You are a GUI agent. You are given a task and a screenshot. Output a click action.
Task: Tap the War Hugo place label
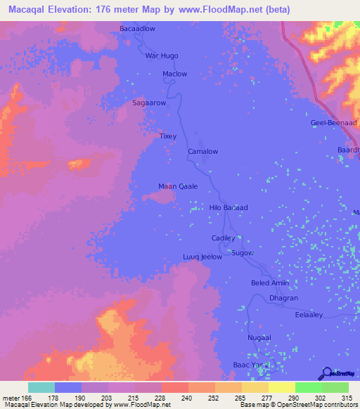click(x=161, y=56)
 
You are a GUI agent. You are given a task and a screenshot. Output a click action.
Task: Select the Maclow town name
click(x=174, y=74)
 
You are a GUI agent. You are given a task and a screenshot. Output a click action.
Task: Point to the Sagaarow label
click(x=149, y=103)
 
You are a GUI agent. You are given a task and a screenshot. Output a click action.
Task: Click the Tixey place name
click(x=168, y=136)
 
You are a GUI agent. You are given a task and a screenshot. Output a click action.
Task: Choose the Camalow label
click(x=202, y=151)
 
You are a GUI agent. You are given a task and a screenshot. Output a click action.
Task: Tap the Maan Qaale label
click(x=177, y=186)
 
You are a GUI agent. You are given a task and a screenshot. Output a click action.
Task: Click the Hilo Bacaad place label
click(x=229, y=208)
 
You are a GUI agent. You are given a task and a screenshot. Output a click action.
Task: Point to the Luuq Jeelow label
click(x=202, y=257)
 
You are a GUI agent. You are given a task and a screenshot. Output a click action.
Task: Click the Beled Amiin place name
click(x=270, y=283)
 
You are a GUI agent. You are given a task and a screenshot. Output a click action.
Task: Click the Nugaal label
click(x=259, y=338)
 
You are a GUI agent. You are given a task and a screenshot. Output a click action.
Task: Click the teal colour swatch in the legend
click(x=41, y=387)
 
